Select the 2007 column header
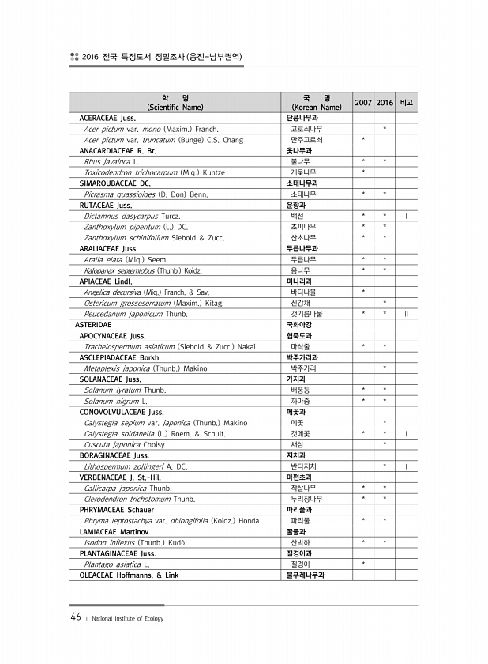tap(363, 103)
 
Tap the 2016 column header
tap(385, 103)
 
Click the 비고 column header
tap(406, 103)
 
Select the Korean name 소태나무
tap(303, 193)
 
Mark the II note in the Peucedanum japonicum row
tap(406, 314)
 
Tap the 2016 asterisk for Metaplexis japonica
tap(385, 368)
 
